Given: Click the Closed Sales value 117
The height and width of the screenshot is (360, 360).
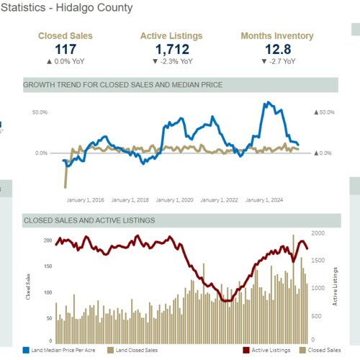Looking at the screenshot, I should (65, 48).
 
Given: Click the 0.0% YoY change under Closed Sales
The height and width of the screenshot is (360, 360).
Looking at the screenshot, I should (65, 61).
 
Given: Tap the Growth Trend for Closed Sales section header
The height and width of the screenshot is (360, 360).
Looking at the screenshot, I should (123, 85).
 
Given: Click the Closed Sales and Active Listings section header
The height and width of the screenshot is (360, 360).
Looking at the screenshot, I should (89, 220).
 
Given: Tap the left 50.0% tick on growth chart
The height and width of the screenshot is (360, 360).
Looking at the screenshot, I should (40, 112).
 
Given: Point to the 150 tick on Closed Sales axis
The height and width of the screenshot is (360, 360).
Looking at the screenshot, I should (47, 266).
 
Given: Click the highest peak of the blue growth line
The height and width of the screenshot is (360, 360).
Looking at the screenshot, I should (268, 103).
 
